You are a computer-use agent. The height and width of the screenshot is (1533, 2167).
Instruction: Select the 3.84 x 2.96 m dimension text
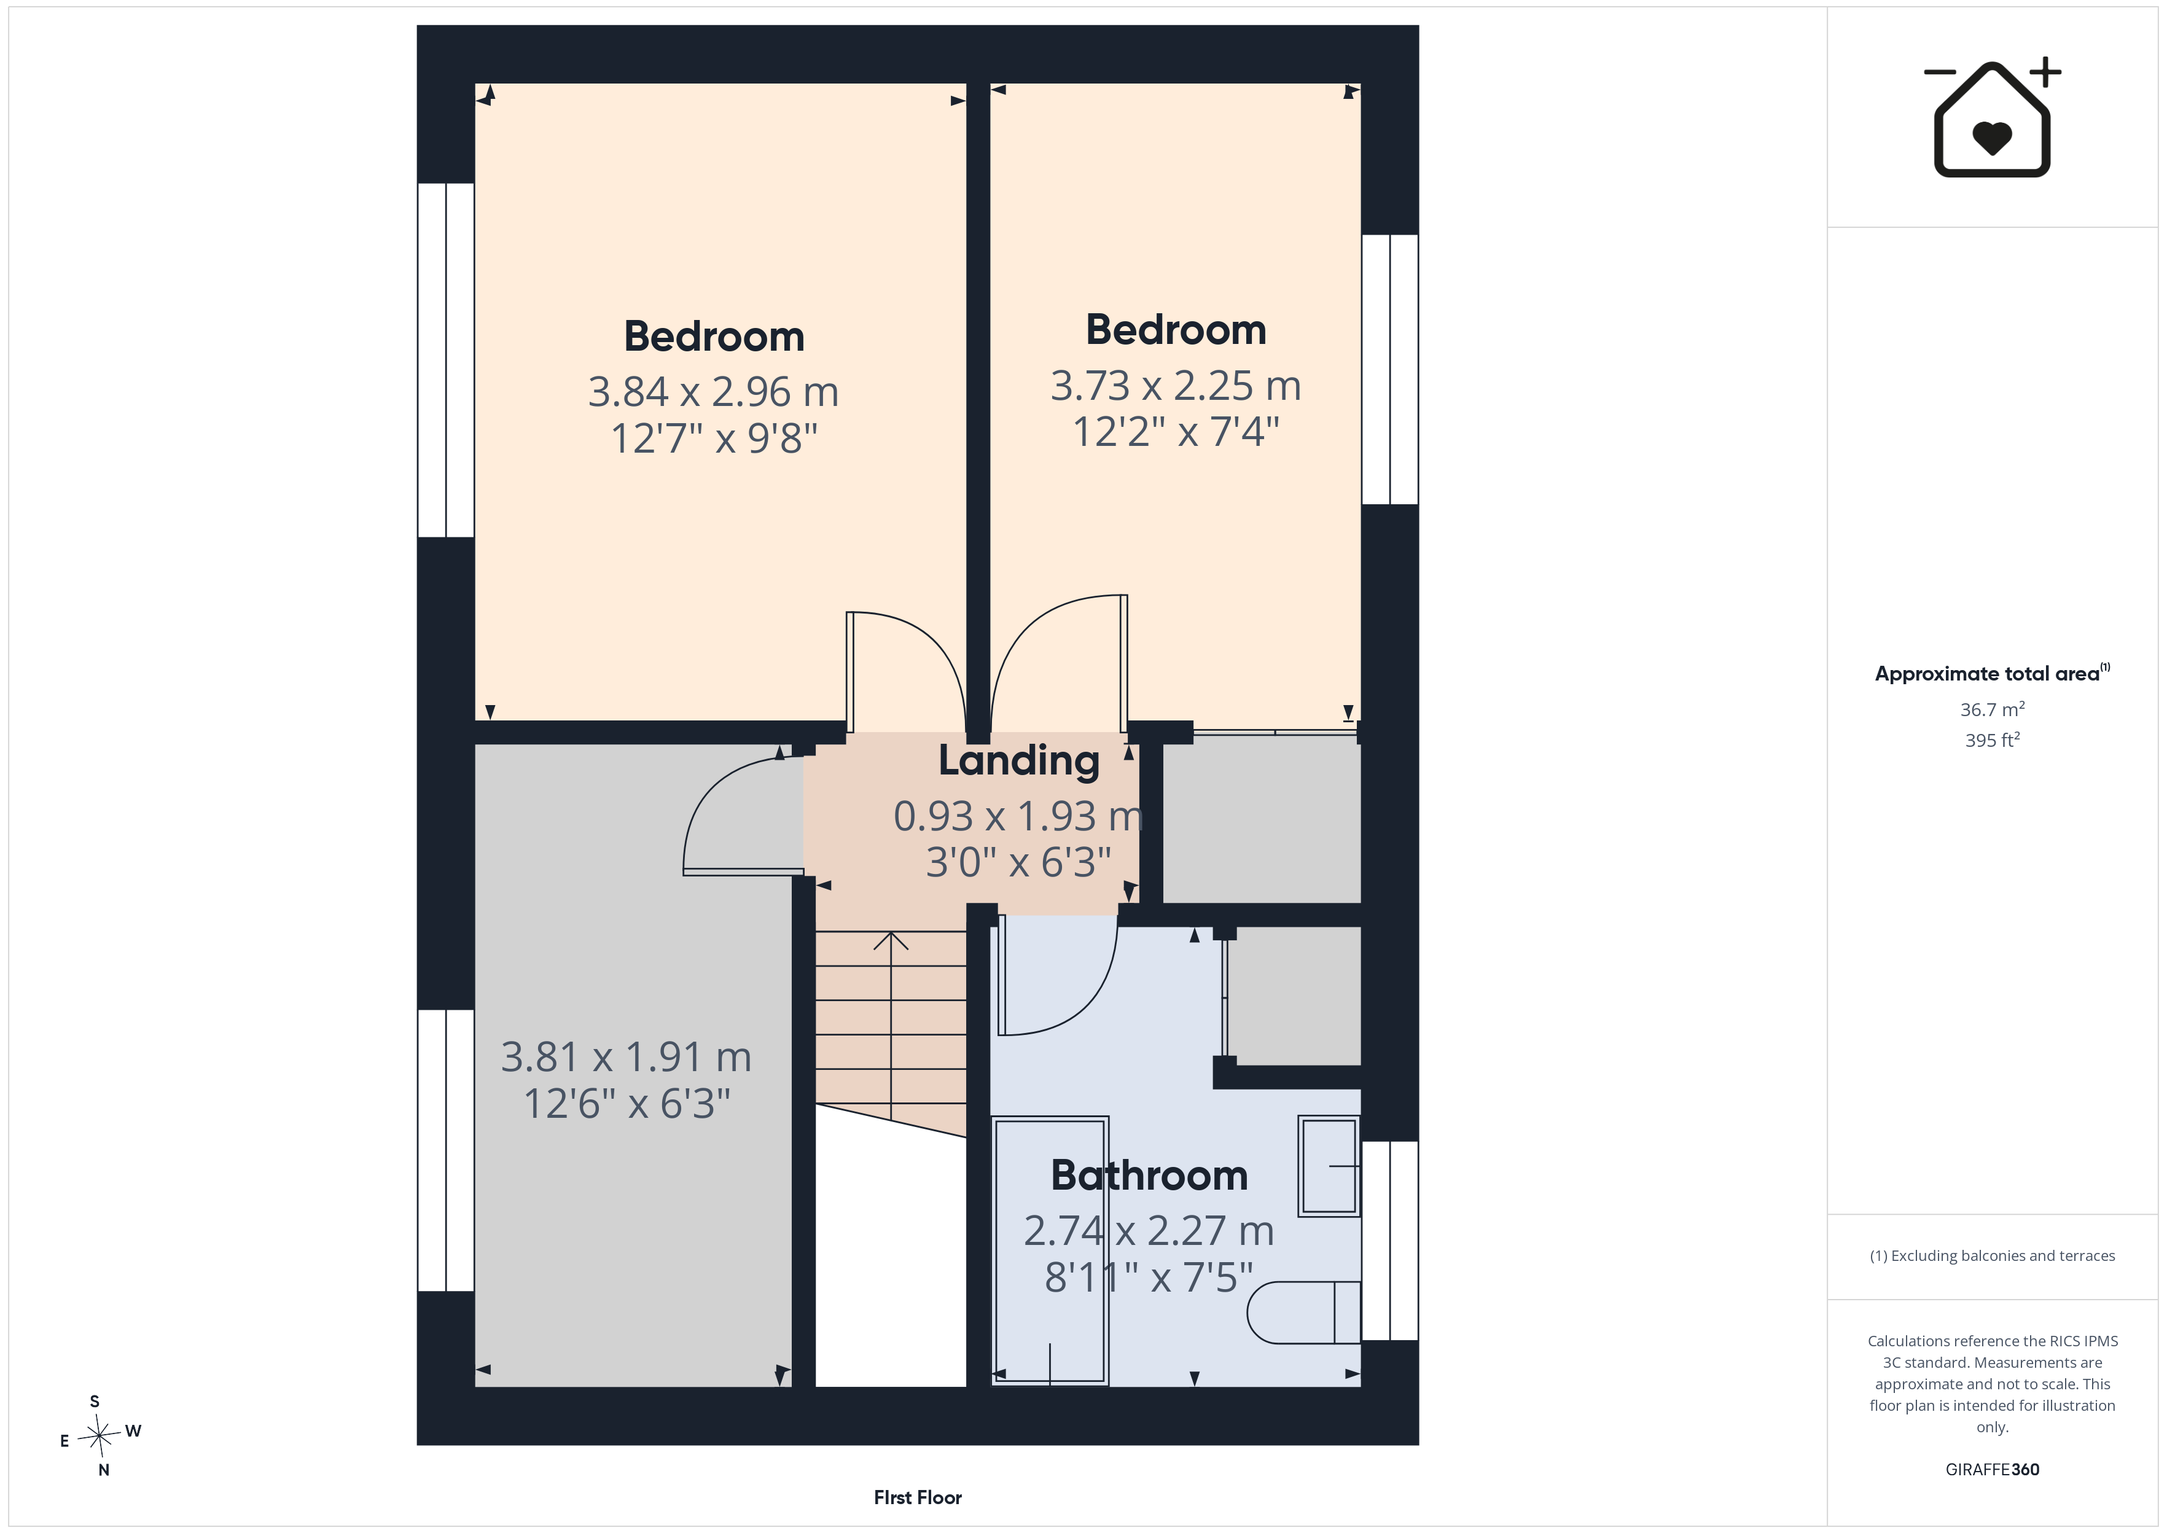(714, 392)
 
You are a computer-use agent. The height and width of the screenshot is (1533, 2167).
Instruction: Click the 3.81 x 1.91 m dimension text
(626, 1057)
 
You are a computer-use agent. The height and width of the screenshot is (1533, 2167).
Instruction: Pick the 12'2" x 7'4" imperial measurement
(1176, 431)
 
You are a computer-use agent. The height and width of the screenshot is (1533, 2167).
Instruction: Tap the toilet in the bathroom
(1303, 1312)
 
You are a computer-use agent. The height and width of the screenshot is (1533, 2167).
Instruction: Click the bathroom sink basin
(1329, 1166)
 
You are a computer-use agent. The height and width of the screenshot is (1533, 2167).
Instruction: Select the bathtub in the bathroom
(1050, 1250)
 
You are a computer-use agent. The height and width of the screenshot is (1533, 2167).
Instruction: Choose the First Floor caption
(918, 1497)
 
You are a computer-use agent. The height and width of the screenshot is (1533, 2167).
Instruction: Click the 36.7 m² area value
(1993, 709)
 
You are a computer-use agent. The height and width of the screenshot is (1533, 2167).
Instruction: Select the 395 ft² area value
(1993, 740)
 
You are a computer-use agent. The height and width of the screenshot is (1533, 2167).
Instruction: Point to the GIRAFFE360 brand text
(1993, 1469)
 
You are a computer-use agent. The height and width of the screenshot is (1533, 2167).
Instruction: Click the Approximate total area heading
(1991, 673)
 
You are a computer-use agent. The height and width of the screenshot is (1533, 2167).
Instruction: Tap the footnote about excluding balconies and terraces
(1993, 1255)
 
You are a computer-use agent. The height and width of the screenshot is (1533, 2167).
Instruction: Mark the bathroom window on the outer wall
(1390, 1241)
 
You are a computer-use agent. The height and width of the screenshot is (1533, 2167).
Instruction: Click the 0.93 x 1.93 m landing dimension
(1018, 816)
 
